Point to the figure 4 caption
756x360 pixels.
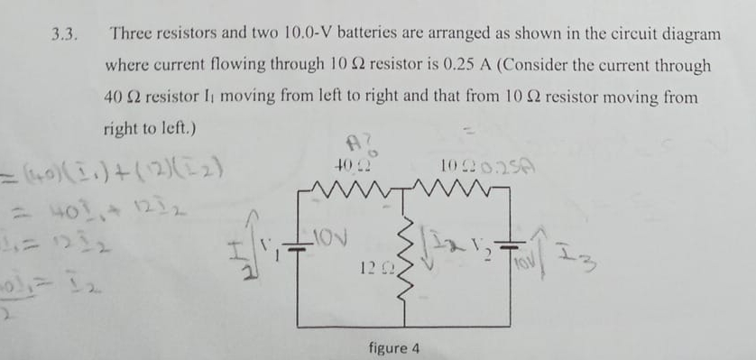392,347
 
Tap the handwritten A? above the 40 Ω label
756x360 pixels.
354,144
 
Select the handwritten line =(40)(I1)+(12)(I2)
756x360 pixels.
113,168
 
